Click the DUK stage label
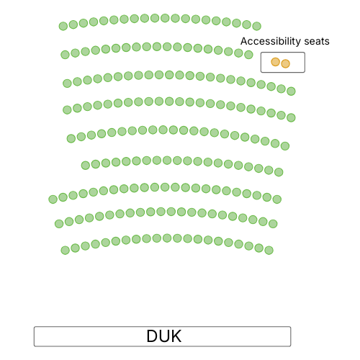[x=164, y=336]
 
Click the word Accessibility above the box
[x=271, y=41]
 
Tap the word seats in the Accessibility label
[x=317, y=42]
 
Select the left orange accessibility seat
[x=275, y=62]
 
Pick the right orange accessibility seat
[x=286, y=63]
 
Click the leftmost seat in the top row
[x=63, y=26]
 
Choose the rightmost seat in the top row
[x=257, y=26]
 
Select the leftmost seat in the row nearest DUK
[x=65, y=251]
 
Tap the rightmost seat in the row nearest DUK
[x=269, y=251]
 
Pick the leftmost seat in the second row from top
[x=65, y=55]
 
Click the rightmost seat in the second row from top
[x=248, y=55]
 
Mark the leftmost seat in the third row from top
[x=67, y=84]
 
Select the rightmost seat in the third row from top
[x=291, y=91]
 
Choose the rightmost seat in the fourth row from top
[x=291, y=117]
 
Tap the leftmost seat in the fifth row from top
[x=71, y=138]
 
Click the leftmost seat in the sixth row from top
[x=86, y=166]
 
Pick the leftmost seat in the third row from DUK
[x=53, y=199]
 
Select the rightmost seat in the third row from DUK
[x=277, y=199]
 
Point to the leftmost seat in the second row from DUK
[x=59, y=224]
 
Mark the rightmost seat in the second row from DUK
[x=273, y=224]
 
